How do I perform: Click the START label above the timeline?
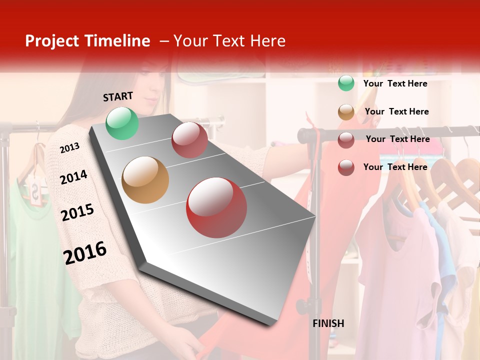[118, 96]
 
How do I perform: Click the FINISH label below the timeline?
[328, 323]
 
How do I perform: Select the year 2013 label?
[69, 148]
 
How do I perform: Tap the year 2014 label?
[73, 177]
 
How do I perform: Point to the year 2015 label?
[77, 212]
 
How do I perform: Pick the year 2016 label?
[85, 253]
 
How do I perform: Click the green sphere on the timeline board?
[122, 123]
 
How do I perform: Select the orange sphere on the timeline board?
[145, 180]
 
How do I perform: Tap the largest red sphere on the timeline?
[216, 207]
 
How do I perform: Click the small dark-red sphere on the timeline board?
[189, 140]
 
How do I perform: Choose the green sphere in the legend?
[346, 83]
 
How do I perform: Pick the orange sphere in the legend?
[346, 112]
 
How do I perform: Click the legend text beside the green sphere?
[395, 83]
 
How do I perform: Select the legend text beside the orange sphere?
[396, 111]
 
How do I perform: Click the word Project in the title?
[52, 41]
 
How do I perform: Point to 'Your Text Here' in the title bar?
[229, 41]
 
